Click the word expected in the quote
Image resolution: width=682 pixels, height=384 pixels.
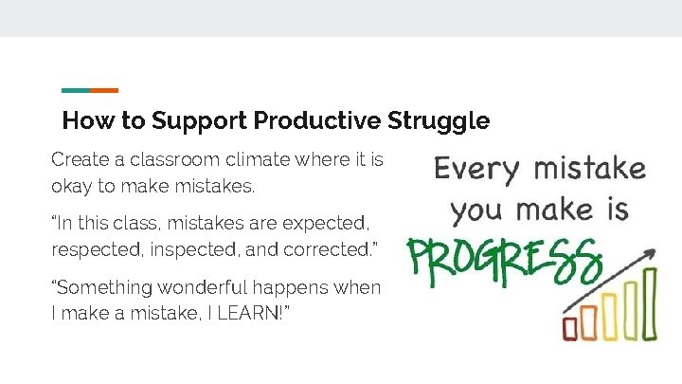323,224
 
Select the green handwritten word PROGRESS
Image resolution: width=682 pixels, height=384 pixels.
504,259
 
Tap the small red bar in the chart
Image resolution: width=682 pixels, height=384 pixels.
569,327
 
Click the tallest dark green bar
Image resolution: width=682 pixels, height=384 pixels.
650,302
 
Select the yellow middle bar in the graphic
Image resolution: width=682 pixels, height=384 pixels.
609,317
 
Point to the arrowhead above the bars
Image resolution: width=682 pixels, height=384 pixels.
652,253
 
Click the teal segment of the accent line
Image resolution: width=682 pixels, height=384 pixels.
76,91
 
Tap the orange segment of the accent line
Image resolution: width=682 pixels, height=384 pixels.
104,91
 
